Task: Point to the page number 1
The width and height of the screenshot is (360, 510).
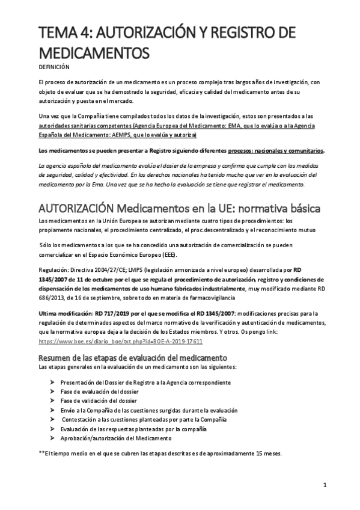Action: pyautogui.click(x=325, y=485)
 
